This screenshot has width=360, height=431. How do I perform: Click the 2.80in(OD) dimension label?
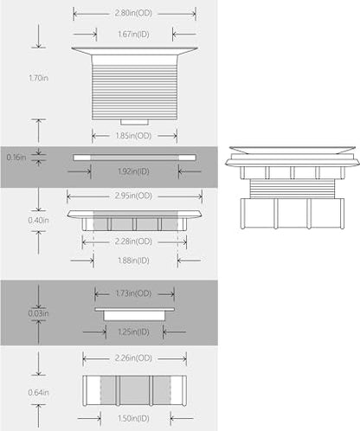pyautogui.click(x=133, y=13)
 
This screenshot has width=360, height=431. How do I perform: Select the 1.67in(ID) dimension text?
pyautogui.click(x=133, y=35)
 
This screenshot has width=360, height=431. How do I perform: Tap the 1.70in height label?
pyautogui.click(x=38, y=78)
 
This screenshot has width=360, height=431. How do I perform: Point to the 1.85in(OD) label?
pyautogui.click(x=133, y=136)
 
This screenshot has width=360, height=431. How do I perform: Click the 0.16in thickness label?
pyautogui.click(x=16, y=158)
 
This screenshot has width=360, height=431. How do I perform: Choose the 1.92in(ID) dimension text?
pyautogui.click(x=133, y=171)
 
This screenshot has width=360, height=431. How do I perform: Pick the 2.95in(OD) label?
pyautogui.click(x=133, y=196)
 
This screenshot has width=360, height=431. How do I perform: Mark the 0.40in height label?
pyautogui.click(x=38, y=221)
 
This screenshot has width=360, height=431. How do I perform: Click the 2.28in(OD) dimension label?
pyautogui.click(x=133, y=241)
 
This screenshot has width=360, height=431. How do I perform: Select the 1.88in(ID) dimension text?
pyautogui.click(x=133, y=261)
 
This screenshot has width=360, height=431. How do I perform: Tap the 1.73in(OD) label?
pyautogui.click(x=133, y=293)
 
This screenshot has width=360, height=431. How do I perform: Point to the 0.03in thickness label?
pyautogui.click(x=38, y=313)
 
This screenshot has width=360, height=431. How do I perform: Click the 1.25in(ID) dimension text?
pyautogui.click(x=133, y=332)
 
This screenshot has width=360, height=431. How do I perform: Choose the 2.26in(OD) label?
pyautogui.click(x=133, y=358)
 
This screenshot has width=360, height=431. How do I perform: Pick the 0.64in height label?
pyautogui.click(x=38, y=393)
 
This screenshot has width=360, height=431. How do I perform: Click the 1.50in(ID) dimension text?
pyautogui.click(x=133, y=419)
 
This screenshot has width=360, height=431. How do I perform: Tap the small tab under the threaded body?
pyautogui.click(x=134, y=122)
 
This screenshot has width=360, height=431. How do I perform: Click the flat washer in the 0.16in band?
pyautogui.click(x=135, y=158)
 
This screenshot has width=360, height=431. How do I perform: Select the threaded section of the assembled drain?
pyautogui.click(x=292, y=189)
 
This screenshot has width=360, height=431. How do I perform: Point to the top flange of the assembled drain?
pyautogui.click(x=292, y=150)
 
